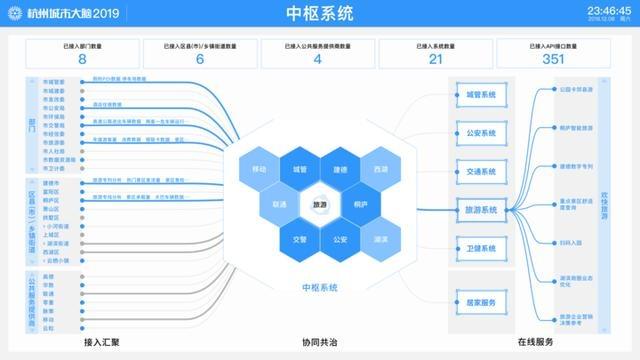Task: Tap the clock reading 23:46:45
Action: point(602,10)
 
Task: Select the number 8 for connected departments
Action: point(82,59)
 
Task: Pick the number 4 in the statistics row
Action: point(318,59)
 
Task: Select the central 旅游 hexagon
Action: point(320,204)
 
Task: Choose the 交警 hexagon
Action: point(300,239)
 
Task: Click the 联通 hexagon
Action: point(279,204)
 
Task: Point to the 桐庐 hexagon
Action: point(360,204)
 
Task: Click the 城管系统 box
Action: point(480,96)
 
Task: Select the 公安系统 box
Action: point(480,133)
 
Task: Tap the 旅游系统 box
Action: point(480,210)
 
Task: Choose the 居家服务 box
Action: point(480,301)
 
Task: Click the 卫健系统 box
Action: point(480,249)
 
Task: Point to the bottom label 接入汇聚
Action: point(102,342)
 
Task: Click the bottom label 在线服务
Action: point(536,342)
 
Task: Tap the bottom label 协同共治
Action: point(320,342)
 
